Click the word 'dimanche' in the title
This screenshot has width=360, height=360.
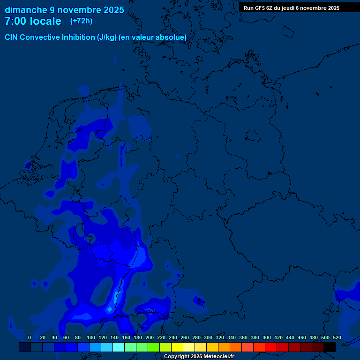(26, 10)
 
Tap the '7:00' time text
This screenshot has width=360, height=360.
(15, 21)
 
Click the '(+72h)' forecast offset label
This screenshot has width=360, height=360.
(81, 21)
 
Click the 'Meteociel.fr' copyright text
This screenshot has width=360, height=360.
(215, 357)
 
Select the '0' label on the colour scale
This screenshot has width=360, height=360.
(30, 337)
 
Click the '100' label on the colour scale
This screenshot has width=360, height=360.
(90, 337)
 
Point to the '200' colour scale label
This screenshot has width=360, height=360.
(150, 337)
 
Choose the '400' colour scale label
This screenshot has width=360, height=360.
(267, 337)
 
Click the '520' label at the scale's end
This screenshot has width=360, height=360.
(337, 337)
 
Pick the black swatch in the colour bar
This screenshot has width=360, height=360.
(330, 347)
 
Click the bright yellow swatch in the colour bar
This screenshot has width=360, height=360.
(177, 347)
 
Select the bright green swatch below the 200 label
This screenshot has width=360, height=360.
(153, 347)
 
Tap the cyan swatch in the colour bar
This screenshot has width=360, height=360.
(118, 347)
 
